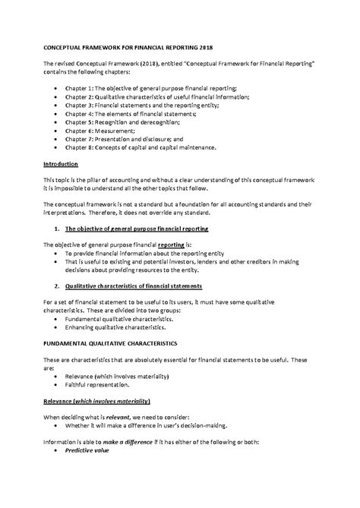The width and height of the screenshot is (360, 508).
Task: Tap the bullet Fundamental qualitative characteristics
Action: (119, 319)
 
